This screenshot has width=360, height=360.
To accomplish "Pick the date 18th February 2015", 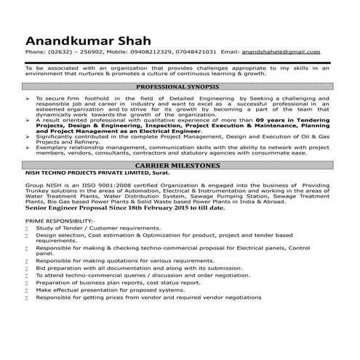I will pyautogui.click(x=161, y=209).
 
